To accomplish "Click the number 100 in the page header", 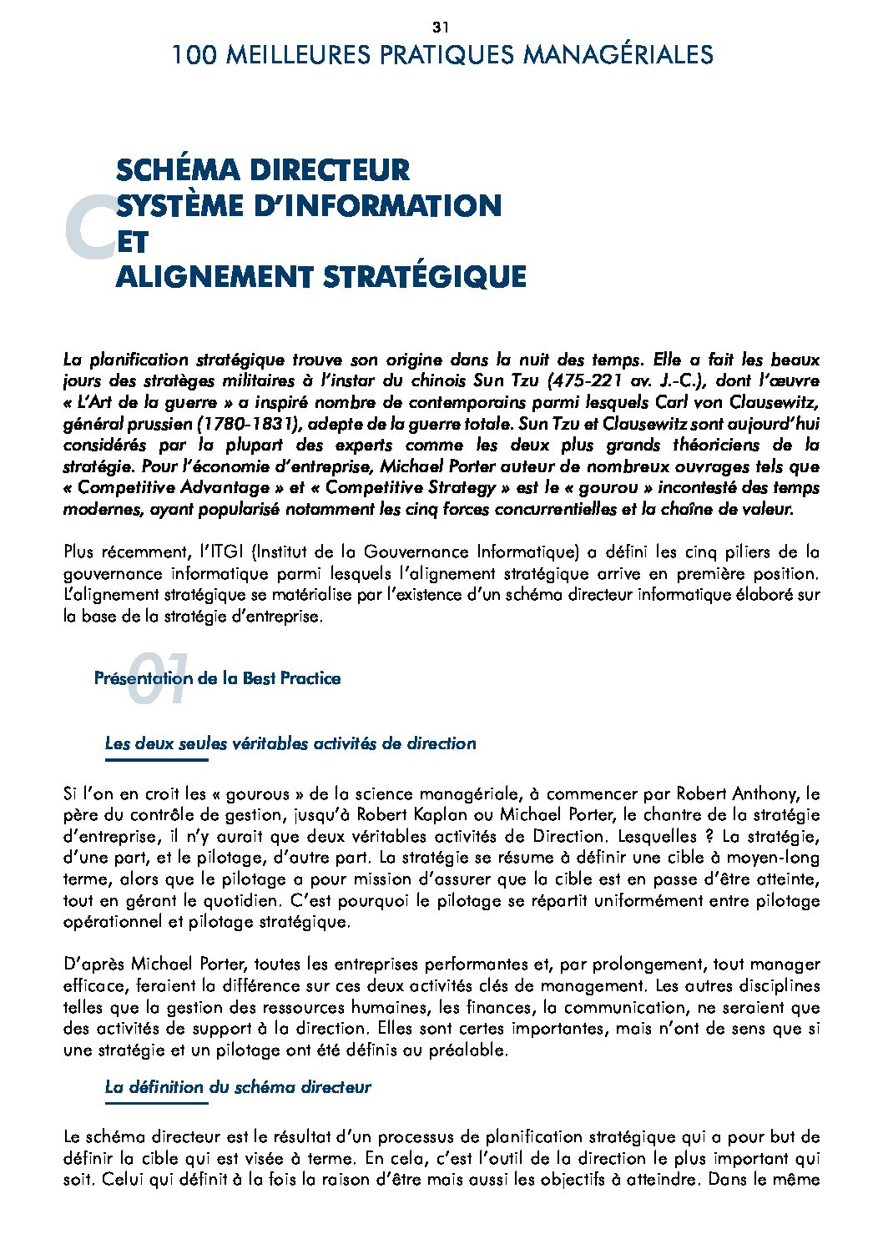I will click(194, 56).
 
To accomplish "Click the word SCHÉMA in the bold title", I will click(176, 170).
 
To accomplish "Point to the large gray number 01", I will click(159, 679).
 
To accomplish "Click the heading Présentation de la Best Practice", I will click(217, 678).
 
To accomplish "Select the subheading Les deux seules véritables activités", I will click(290, 743).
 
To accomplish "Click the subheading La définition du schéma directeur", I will click(238, 1087).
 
